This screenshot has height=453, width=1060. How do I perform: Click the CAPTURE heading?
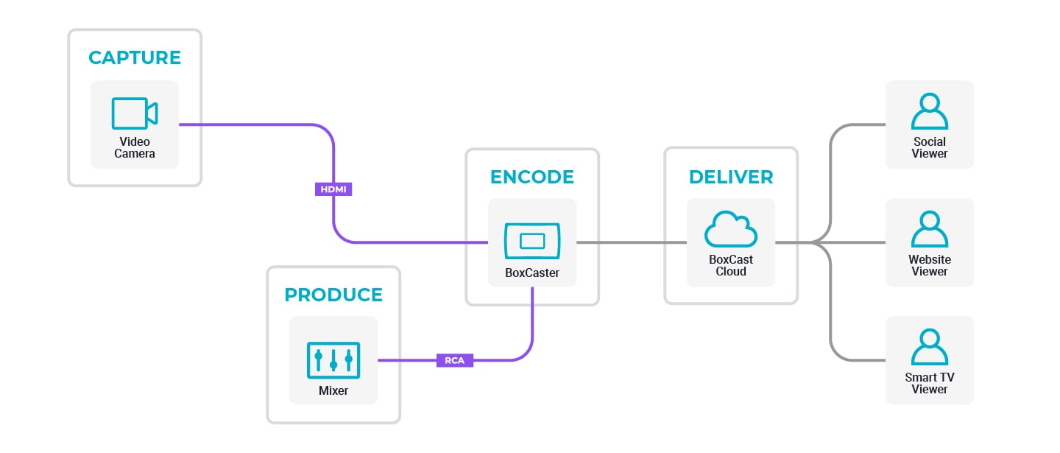pyautogui.click(x=135, y=57)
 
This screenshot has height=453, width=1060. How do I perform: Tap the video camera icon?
pyautogui.click(x=135, y=113)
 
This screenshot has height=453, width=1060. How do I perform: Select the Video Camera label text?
pyautogui.click(x=135, y=147)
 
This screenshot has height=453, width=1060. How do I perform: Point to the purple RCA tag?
pyautogui.click(x=455, y=360)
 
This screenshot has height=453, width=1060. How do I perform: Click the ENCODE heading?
pyautogui.click(x=532, y=177)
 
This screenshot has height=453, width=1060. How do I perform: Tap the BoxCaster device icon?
pyautogui.click(x=532, y=241)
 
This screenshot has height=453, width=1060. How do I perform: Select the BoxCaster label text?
pyautogui.click(x=532, y=273)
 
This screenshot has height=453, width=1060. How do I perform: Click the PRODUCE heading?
pyautogui.click(x=333, y=295)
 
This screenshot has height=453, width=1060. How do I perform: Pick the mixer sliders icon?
pyautogui.click(x=333, y=359)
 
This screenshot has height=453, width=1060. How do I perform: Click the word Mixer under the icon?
pyautogui.click(x=333, y=390)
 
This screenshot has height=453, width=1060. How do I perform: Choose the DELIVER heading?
pyautogui.click(x=731, y=177)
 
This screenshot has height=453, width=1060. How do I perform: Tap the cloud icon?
pyautogui.click(x=731, y=230)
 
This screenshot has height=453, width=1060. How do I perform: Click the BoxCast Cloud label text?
pyautogui.click(x=731, y=265)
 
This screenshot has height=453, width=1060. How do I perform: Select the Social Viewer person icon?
pyautogui.click(x=930, y=111)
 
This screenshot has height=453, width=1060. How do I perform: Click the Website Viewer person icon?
pyautogui.click(x=930, y=229)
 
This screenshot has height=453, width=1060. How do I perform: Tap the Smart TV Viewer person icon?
pyautogui.click(x=930, y=347)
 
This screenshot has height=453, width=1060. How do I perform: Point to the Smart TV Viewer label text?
pyautogui.click(x=930, y=383)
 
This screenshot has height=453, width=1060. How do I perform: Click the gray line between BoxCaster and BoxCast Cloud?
pyautogui.click(x=632, y=242)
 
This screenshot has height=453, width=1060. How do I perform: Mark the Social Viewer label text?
pyautogui.click(x=930, y=147)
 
